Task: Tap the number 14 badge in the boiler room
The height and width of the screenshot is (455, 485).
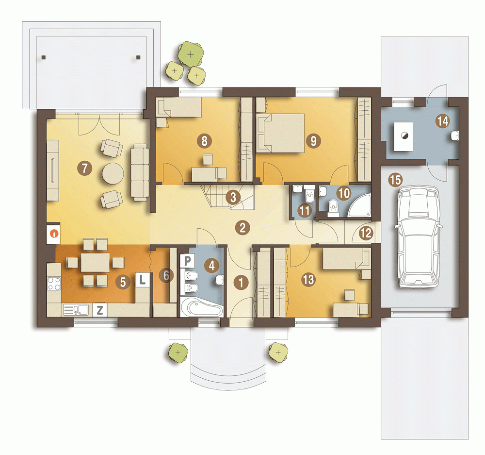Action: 443,121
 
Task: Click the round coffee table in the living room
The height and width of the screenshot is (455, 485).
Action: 113,174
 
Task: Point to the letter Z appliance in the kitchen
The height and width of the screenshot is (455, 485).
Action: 99,310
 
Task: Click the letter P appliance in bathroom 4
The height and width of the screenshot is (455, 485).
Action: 187,261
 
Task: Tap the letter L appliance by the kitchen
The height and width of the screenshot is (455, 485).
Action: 142,280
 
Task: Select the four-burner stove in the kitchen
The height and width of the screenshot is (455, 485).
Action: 54,284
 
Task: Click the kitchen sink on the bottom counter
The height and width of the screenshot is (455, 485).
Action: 76,310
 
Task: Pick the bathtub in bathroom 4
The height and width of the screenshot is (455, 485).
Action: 202,307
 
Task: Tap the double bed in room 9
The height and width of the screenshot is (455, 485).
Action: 280,133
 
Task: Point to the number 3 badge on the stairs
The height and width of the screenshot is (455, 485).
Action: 233,197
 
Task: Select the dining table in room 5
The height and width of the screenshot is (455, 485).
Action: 95,263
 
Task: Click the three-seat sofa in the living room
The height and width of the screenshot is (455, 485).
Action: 140,172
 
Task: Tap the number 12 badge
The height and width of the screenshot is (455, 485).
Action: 366,233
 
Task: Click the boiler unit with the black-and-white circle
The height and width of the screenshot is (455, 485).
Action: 404,136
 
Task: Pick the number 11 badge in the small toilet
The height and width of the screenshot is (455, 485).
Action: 305,211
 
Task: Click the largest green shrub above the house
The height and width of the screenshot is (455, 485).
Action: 191,54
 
